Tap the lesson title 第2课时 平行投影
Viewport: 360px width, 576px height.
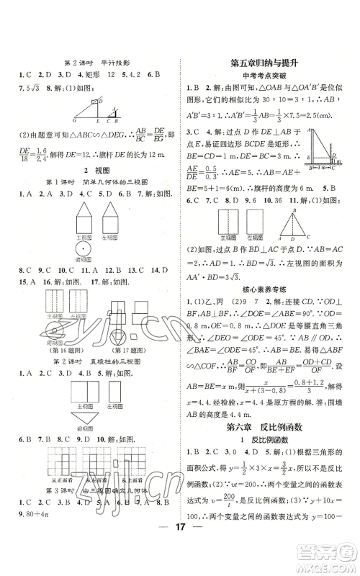(x=91, y=62)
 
